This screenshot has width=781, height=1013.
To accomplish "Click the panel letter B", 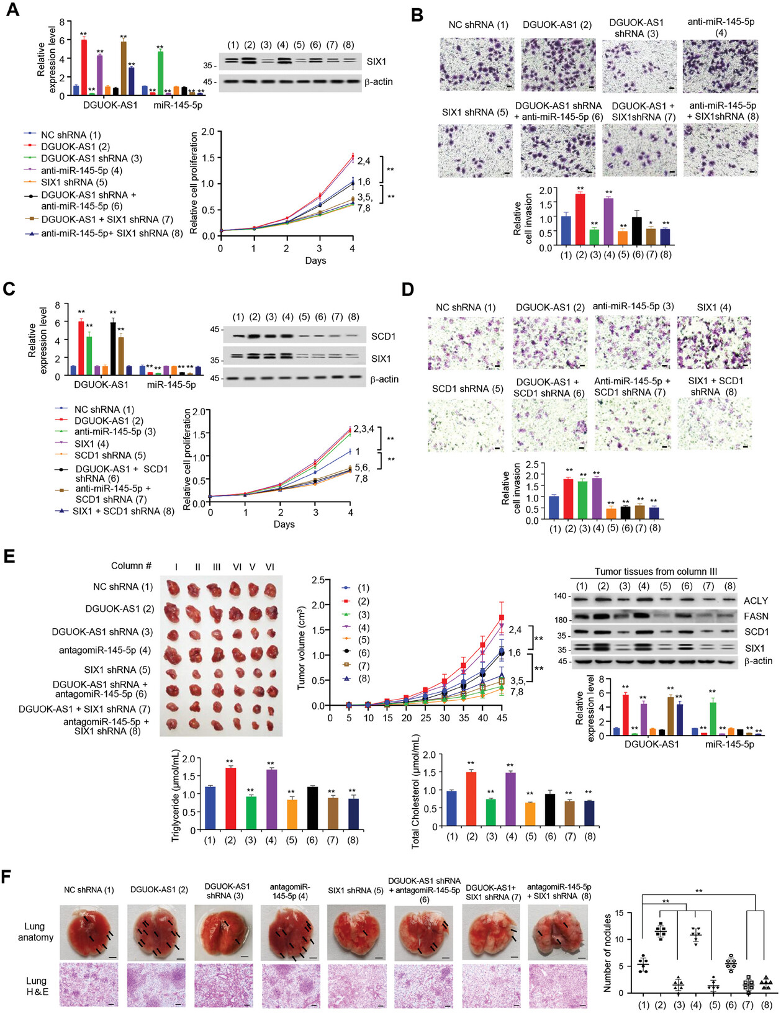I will pos(417,14).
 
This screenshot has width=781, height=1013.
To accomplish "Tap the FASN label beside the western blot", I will pos(756,616).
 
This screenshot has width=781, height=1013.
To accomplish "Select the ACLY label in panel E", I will pos(756,600).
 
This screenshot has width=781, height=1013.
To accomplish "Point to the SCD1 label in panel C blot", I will pos(383,336).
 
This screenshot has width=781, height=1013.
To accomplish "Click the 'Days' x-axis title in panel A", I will pos(315,261).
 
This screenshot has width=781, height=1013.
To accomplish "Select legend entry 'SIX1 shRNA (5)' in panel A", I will pos(74,182).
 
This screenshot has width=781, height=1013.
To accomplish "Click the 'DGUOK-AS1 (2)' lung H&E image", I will pos(155,984).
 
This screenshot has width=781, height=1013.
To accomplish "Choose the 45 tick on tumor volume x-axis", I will pos(502,718).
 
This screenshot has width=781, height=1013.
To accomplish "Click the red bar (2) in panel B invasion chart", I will pos(580,220).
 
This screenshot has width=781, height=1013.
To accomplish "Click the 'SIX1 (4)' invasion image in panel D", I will pos(713,342).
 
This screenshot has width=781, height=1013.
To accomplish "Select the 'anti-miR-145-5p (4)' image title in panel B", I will pos(720,27).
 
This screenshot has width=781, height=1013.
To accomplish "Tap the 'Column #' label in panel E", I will pos(131,566).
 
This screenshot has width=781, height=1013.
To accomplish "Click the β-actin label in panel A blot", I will pos(378,82).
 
